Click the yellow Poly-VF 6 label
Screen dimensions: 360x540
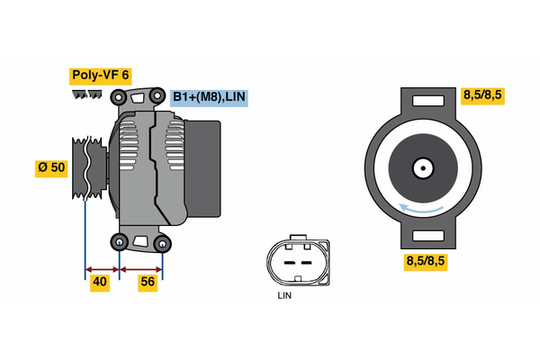point(99,76)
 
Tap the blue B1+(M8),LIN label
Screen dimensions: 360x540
point(209,97)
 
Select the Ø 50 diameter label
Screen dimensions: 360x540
point(52,168)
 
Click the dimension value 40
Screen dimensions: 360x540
point(100,283)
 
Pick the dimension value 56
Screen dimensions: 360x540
point(148,283)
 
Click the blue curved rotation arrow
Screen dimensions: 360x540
point(424,209)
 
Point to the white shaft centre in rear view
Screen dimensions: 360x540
point(422,167)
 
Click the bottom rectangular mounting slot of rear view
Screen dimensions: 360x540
point(422,237)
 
